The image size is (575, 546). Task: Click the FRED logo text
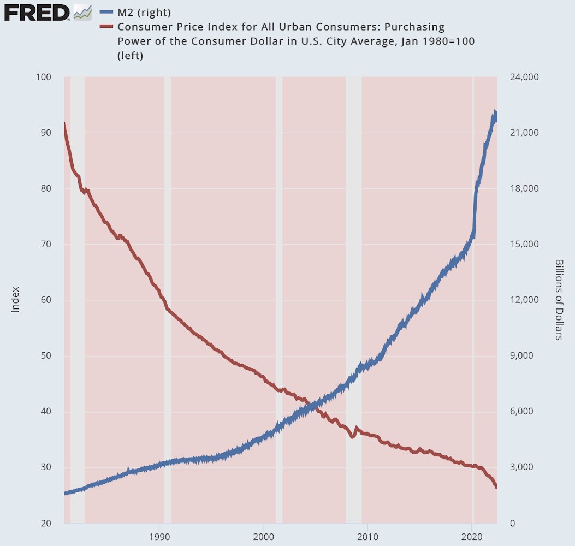coord(37,12)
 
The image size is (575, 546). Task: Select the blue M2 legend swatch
coord(106,13)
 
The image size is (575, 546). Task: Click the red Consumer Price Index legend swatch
coord(106,27)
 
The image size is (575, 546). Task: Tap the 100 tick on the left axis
coord(44,77)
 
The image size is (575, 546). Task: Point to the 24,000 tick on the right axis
coord(524,77)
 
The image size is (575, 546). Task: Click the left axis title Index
coord(15,299)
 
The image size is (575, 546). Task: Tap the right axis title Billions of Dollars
coord(559,299)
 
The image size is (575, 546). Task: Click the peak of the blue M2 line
coord(495,112)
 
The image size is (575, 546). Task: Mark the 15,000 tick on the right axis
coord(524,244)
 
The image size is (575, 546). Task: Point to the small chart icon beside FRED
coord(82,12)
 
